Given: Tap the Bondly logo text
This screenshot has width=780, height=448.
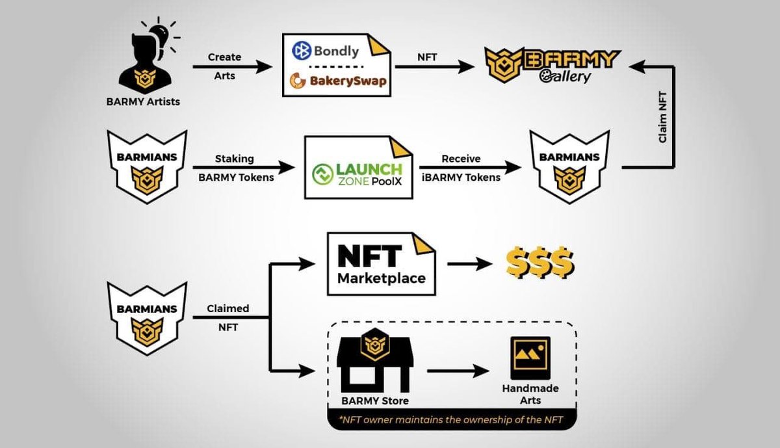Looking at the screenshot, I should (326, 51).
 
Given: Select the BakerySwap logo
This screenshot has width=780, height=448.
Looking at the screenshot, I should (337, 81).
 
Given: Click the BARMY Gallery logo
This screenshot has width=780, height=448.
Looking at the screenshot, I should (552, 66).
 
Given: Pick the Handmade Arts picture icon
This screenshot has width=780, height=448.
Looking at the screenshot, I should (530, 358).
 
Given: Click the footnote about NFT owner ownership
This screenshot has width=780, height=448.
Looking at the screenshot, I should (451, 420).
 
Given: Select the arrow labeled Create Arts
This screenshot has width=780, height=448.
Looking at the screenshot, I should (232, 66).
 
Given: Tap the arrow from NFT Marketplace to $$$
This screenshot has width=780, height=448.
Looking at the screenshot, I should (469, 264).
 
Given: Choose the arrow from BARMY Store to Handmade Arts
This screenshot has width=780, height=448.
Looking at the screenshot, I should (458, 371).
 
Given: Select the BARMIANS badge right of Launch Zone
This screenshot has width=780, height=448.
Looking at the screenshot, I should (569, 166).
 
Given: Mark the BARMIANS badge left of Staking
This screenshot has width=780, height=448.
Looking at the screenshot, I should (146, 166).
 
